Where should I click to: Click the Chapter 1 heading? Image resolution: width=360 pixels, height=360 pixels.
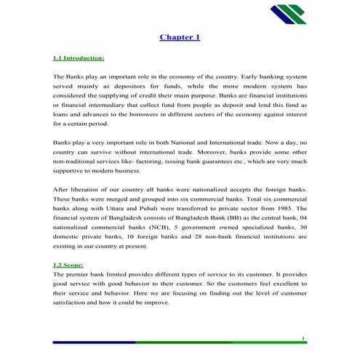[x=180, y=37]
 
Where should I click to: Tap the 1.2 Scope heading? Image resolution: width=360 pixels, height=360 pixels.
[x=68, y=266]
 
